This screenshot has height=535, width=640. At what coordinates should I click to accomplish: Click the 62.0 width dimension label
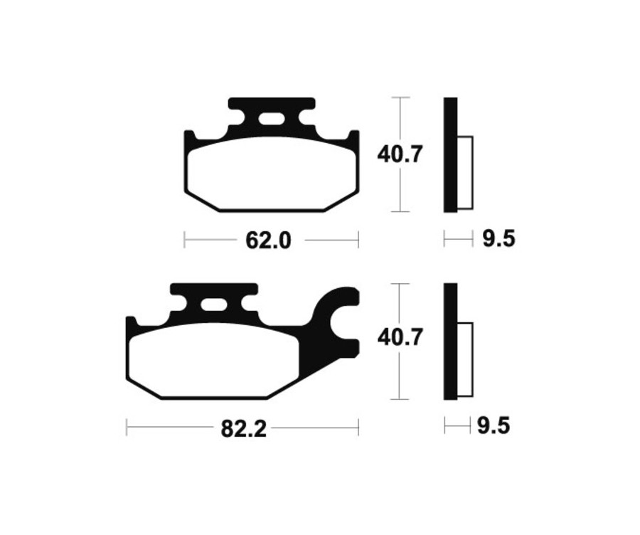(269, 241)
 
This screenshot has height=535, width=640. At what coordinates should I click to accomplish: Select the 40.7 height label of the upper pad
(400, 154)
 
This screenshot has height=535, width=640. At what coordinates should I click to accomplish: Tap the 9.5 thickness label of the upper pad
(498, 240)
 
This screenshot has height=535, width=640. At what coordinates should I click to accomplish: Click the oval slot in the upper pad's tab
(271, 118)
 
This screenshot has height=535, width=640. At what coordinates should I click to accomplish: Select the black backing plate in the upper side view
(450, 154)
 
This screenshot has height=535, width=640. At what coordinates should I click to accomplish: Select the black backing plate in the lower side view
(449, 341)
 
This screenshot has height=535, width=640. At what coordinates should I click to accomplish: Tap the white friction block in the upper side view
(464, 172)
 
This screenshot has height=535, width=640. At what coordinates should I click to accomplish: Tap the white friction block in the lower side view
(464, 359)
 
